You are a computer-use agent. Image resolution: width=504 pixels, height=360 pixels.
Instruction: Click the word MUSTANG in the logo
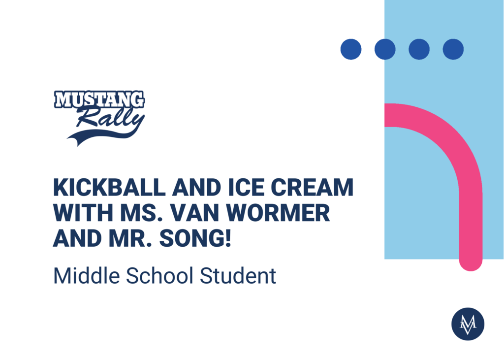(x=99, y=99)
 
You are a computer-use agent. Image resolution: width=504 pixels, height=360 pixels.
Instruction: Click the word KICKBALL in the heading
(x=109, y=187)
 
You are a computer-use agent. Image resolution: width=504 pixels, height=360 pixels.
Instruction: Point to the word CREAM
(x=312, y=187)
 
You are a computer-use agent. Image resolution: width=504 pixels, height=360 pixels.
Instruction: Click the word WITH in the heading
(x=83, y=213)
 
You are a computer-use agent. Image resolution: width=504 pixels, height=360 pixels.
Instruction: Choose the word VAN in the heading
(x=195, y=213)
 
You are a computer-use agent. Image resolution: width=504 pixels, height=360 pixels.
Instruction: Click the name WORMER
(x=279, y=213)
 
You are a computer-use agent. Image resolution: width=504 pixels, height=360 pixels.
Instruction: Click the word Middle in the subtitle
(x=87, y=276)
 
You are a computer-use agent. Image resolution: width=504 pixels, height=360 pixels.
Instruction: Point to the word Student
(x=238, y=276)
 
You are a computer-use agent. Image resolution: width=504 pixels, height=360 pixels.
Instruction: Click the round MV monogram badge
(x=468, y=324)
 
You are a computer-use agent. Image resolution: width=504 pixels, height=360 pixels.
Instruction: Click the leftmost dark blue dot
(x=351, y=49)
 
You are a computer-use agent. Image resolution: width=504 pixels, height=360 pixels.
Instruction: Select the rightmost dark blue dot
(x=453, y=49)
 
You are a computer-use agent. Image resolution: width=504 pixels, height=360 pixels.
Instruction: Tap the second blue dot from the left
(x=385, y=49)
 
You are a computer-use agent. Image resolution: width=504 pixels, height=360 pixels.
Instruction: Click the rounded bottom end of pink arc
(x=471, y=264)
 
